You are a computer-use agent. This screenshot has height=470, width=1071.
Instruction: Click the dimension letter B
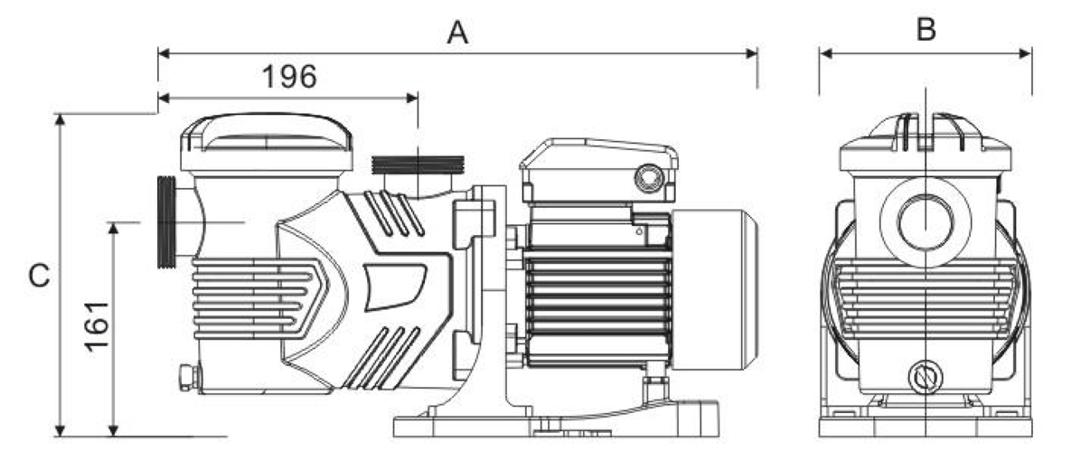(925, 29)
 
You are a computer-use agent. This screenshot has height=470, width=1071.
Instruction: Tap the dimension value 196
(289, 78)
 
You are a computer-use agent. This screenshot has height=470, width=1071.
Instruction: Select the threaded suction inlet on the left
(167, 222)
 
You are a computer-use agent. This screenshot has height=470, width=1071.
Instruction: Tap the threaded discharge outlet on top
(417, 165)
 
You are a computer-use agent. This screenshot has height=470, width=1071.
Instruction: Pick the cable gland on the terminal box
(647, 176)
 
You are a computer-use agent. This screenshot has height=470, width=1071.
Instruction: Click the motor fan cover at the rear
(714, 290)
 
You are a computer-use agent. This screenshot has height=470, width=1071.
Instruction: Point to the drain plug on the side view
(188, 376)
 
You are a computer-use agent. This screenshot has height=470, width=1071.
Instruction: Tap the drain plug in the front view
(925, 376)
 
